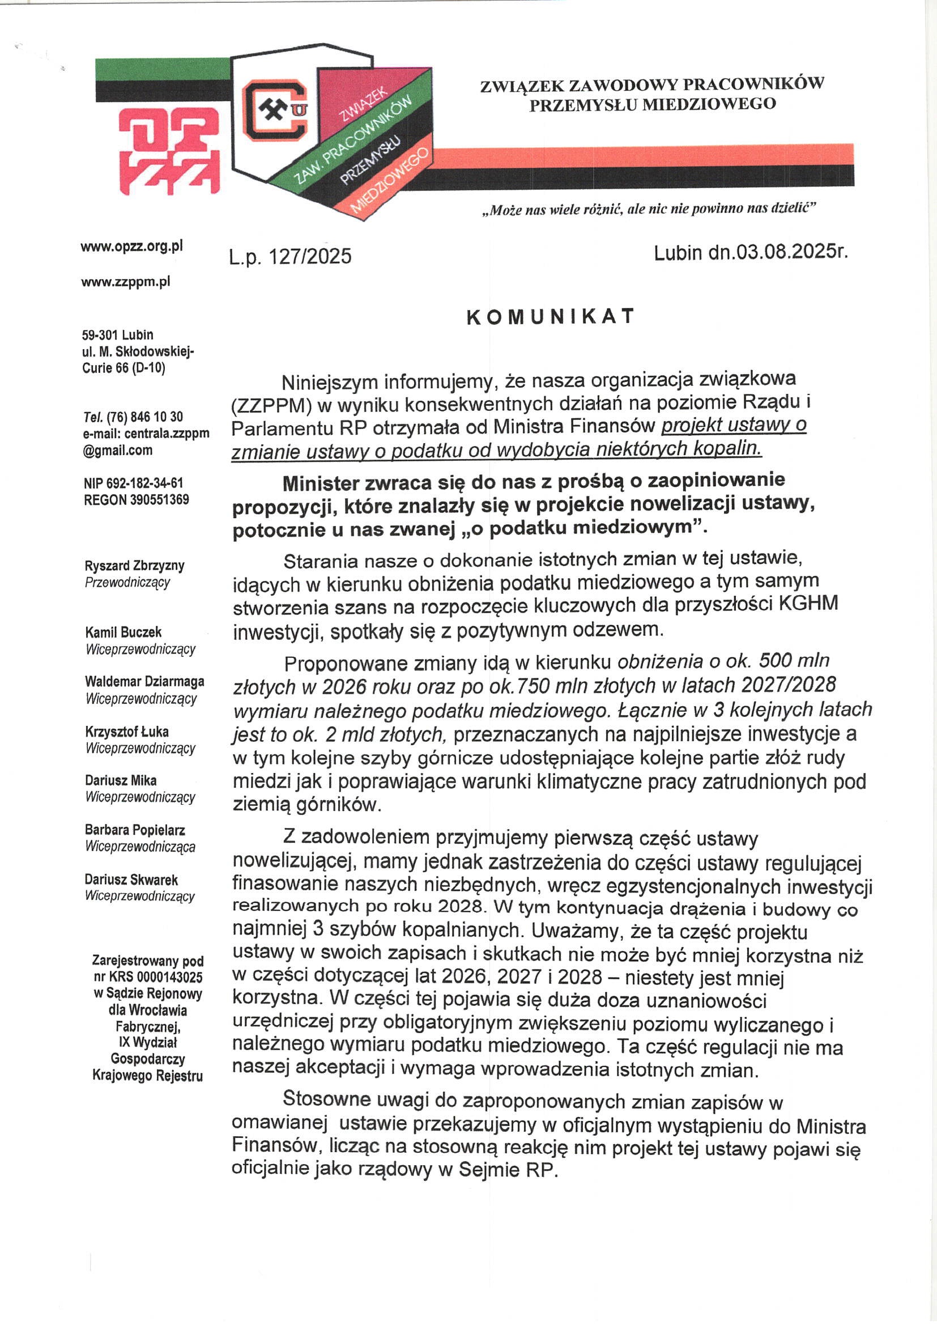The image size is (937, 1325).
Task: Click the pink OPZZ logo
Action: (169, 151)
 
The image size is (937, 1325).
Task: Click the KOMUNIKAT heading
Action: (551, 317)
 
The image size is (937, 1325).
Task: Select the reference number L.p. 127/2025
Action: (290, 256)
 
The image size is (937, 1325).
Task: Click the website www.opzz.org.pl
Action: (131, 247)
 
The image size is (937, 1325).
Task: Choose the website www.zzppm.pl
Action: (126, 282)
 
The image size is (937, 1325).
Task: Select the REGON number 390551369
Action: (159, 499)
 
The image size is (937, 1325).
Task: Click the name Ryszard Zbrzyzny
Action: (134, 566)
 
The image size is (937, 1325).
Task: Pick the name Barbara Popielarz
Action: (135, 830)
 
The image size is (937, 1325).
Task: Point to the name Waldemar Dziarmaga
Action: (144, 682)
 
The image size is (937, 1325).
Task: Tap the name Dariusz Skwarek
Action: (131, 880)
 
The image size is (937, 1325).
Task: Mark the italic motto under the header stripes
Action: (649, 209)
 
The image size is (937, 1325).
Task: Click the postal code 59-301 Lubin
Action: (118, 335)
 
